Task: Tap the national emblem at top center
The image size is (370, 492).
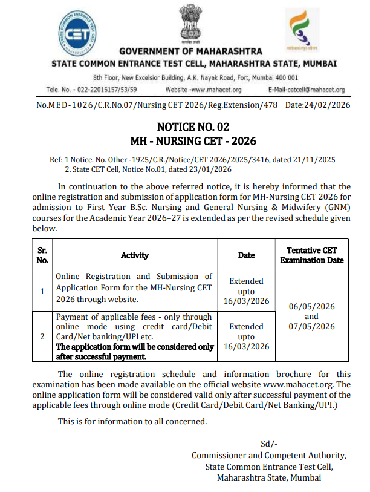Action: pyautogui.click(x=185, y=23)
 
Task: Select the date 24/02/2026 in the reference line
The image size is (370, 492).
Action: pyautogui.click(x=326, y=105)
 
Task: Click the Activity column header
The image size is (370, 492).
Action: pyautogui.click(x=135, y=255)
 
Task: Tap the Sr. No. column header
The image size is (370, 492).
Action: pyautogui.click(x=42, y=255)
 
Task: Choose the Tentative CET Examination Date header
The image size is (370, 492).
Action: pyautogui.click(x=311, y=255)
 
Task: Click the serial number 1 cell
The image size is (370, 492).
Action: pyautogui.click(x=42, y=291)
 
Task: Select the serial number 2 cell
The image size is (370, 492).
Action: pyautogui.click(x=42, y=336)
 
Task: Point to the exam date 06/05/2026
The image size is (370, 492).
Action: pyautogui.click(x=311, y=306)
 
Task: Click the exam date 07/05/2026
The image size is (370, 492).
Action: pyautogui.click(x=311, y=327)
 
